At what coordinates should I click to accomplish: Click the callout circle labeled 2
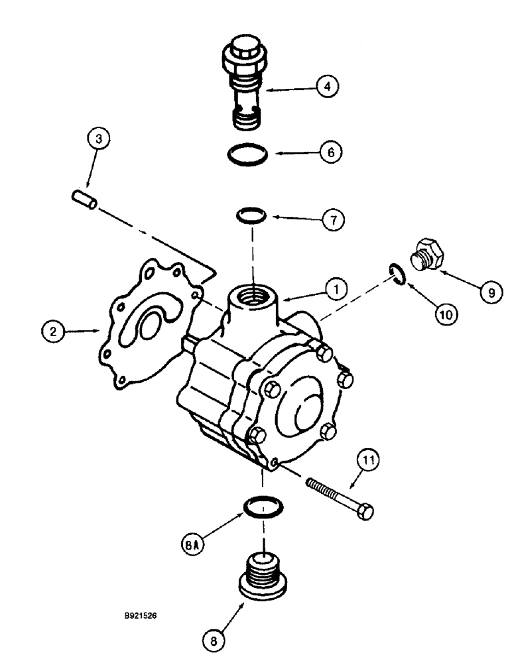pos(50,329)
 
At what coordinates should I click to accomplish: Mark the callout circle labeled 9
pos(490,292)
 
